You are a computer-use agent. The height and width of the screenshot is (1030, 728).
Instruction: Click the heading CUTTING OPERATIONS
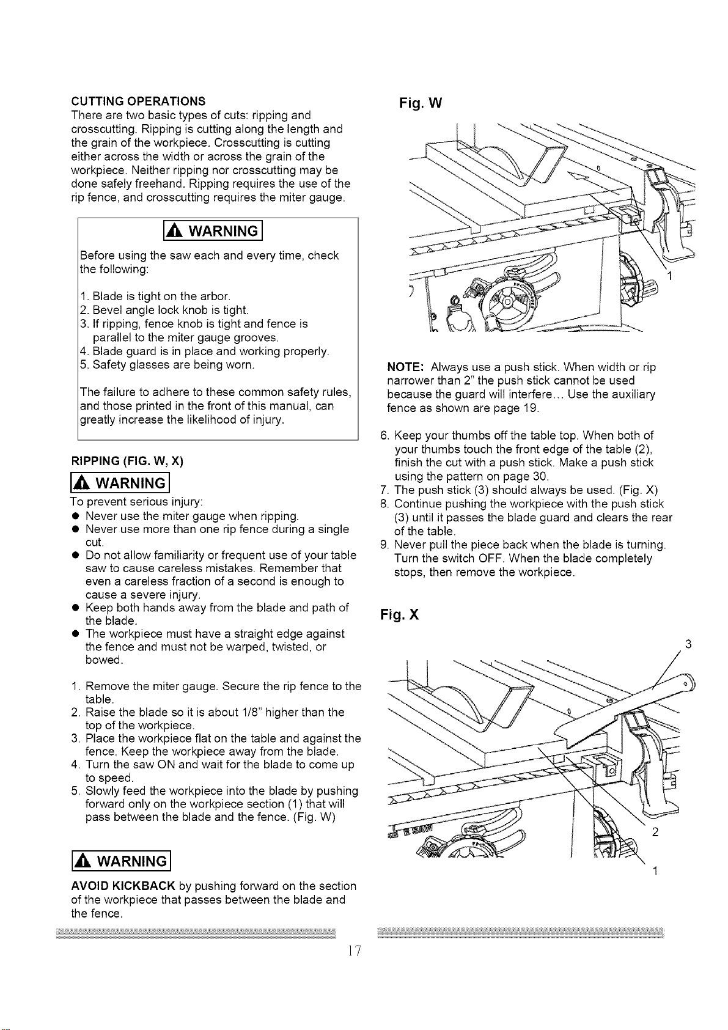tap(138, 101)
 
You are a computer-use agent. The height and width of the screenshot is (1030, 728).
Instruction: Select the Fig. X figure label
tap(399, 615)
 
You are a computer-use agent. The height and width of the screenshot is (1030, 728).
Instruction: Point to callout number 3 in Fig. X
tap(688, 644)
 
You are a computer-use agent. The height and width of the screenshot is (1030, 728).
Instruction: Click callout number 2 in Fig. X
tap(655, 832)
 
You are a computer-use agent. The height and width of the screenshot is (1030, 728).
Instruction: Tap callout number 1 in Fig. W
tap(671, 276)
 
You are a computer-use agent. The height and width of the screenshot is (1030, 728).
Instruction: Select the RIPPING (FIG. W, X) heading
tap(127, 461)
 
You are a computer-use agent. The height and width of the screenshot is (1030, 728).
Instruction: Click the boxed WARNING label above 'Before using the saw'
tap(213, 231)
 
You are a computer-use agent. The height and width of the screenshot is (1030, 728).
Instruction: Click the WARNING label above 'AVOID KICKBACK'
tap(121, 861)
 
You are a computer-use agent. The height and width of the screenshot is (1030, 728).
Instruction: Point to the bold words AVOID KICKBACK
tap(123, 886)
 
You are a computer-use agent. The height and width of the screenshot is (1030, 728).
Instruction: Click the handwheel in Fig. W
tap(506, 303)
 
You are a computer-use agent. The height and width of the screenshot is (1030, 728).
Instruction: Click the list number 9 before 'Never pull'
tap(385, 545)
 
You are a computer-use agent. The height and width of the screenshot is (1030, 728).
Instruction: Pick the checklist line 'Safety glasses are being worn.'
tap(167, 365)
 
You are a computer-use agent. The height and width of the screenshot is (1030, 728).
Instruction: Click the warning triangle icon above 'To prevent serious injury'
tap(82, 484)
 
